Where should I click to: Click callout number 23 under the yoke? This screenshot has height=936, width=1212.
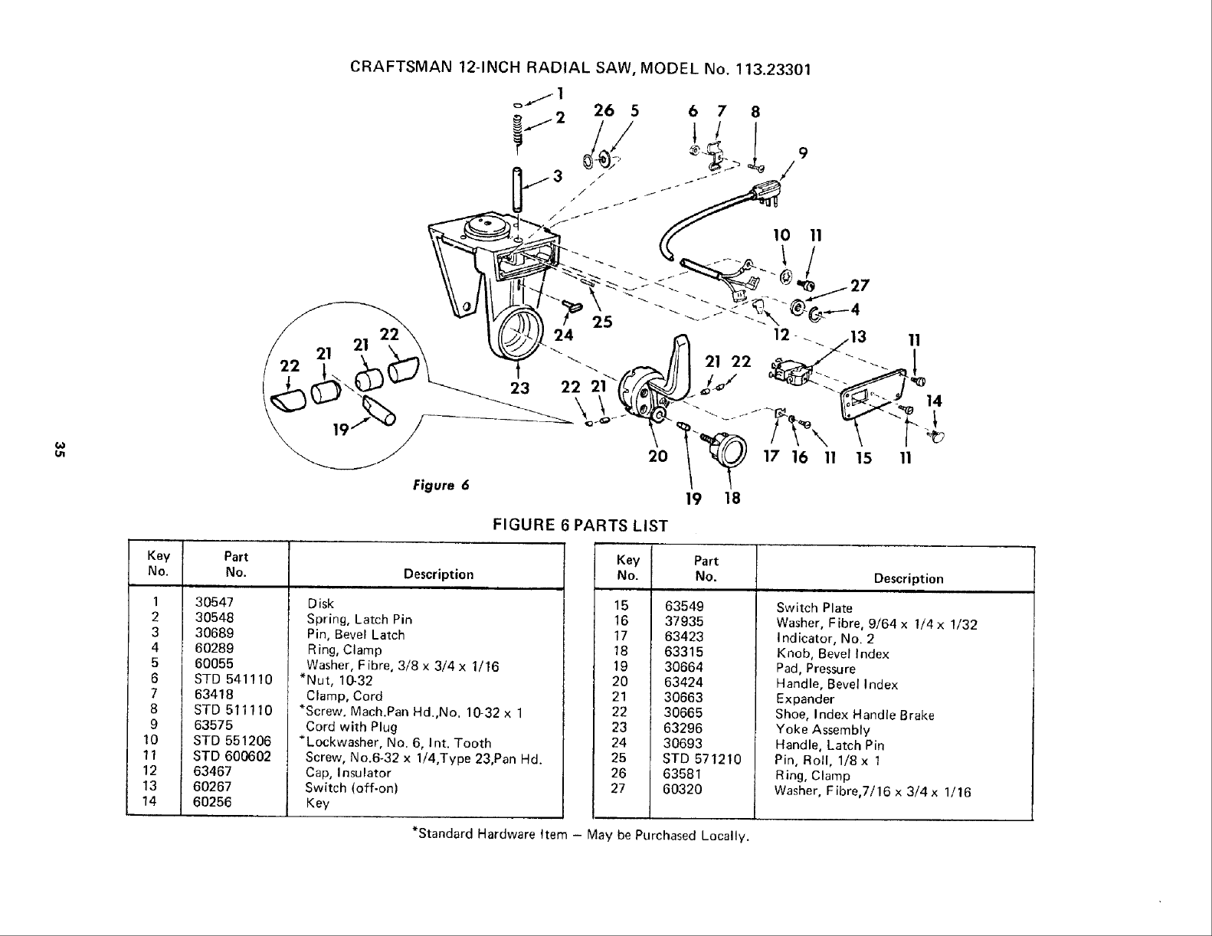[520, 388]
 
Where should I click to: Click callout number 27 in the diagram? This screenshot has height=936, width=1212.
[860, 285]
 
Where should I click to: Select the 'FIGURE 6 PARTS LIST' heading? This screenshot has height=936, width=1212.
[581, 525]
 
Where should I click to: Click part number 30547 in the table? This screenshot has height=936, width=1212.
[214, 603]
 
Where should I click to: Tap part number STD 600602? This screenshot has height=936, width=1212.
[233, 757]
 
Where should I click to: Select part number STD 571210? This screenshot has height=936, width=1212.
[702, 760]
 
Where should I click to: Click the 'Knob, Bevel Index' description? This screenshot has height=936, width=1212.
[833, 653]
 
